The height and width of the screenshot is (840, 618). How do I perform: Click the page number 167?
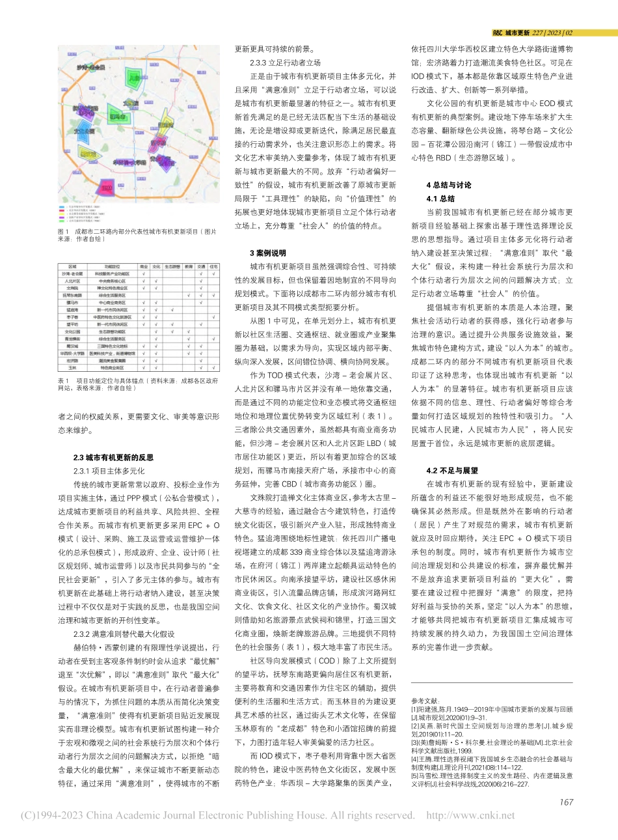tap(565, 802)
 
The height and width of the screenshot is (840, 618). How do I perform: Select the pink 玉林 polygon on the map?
tap(105, 189)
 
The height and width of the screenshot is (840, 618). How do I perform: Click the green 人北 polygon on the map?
tap(133, 78)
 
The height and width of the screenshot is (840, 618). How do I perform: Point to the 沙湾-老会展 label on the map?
tap(90, 67)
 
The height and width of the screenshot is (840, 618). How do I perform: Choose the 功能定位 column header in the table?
tap(111, 266)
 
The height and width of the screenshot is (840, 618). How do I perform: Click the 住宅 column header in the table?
tap(214, 266)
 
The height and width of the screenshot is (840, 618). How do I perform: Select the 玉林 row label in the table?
tap(72, 367)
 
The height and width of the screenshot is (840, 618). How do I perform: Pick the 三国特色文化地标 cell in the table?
tap(111, 346)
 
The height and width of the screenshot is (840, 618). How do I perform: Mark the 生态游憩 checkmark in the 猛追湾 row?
tap(172, 310)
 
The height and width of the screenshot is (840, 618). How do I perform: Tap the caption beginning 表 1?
tap(138, 384)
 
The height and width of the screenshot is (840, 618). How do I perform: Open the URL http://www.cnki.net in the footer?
tap(470, 815)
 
